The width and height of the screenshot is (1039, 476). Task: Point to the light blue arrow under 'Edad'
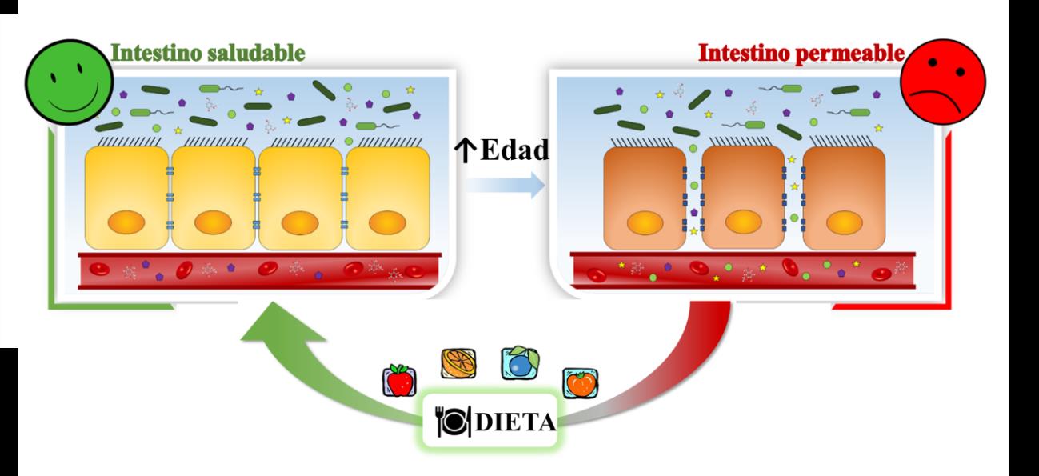click(503, 186)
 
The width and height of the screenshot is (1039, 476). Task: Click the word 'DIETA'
click(511, 422)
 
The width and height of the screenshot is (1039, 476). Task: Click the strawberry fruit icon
click(398, 380)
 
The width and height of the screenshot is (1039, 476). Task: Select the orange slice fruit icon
click(459, 362)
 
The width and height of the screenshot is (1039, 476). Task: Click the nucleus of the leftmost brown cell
click(642, 222)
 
